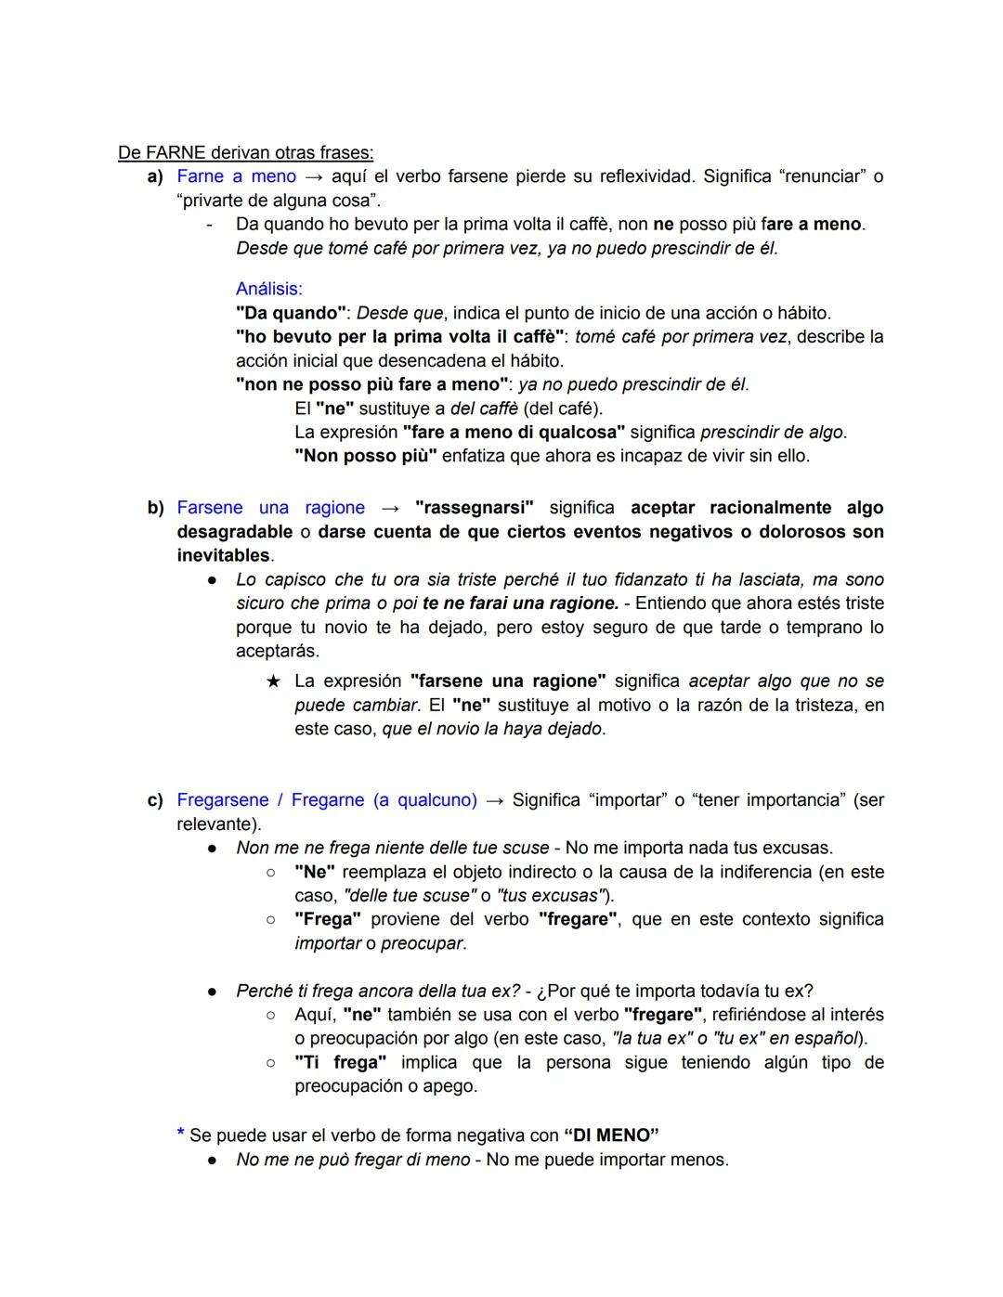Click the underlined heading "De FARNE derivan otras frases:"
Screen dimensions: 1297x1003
pyautogui.click(x=245, y=152)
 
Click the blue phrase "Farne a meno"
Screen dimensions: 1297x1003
pyautogui.click(x=236, y=176)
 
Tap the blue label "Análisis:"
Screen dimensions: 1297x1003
pyautogui.click(x=268, y=289)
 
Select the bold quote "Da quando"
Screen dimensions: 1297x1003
pyautogui.click(x=290, y=313)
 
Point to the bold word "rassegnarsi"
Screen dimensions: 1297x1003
pyautogui.click(x=474, y=508)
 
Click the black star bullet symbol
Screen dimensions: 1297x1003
pyautogui.click(x=273, y=681)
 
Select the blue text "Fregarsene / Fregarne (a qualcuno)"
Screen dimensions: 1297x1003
pyautogui.click(x=326, y=800)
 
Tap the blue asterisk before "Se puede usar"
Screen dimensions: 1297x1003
pyautogui.click(x=180, y=1135)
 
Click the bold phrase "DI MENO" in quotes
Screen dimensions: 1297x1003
pyautogui.click(x=611, y=1135)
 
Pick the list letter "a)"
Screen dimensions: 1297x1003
pyautogui.click(x=155, y=176)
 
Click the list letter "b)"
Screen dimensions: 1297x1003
pyautogui.click(x=155, y=508)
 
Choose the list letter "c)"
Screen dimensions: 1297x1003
pyautogui.click(x=155, y=800)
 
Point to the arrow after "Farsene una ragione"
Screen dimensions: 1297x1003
pyautogui.click(x=390, y=508)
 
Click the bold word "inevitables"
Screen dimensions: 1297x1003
pyautogui.click(x=223, y=556)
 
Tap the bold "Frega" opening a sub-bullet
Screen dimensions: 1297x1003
pyautogui.click(x=327, y=919)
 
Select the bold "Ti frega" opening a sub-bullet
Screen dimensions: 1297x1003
pyautogui.click(x=340, y=1062)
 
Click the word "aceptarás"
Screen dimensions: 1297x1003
pyautogui.click(x=277, y=651)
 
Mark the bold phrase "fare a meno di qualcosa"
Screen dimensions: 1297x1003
pyautogui.click(x=514, y=433)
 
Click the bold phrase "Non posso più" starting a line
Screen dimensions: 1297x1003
pyautogui.click(x=365, y=457)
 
